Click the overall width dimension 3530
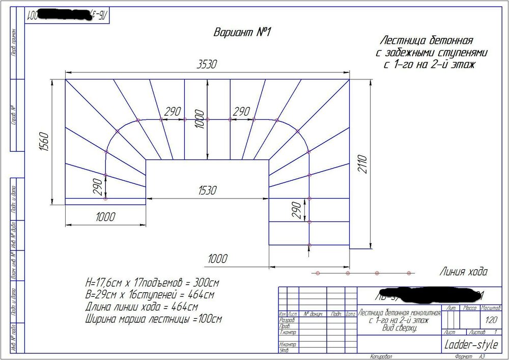point(207,64)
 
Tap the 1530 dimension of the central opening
point(207,190)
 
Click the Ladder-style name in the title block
point(471,345)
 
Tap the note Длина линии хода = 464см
point(142,308)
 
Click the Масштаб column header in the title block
point(491,309)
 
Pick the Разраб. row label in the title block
point(288,321)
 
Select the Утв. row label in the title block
point(284,350)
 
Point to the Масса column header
point(469,309)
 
